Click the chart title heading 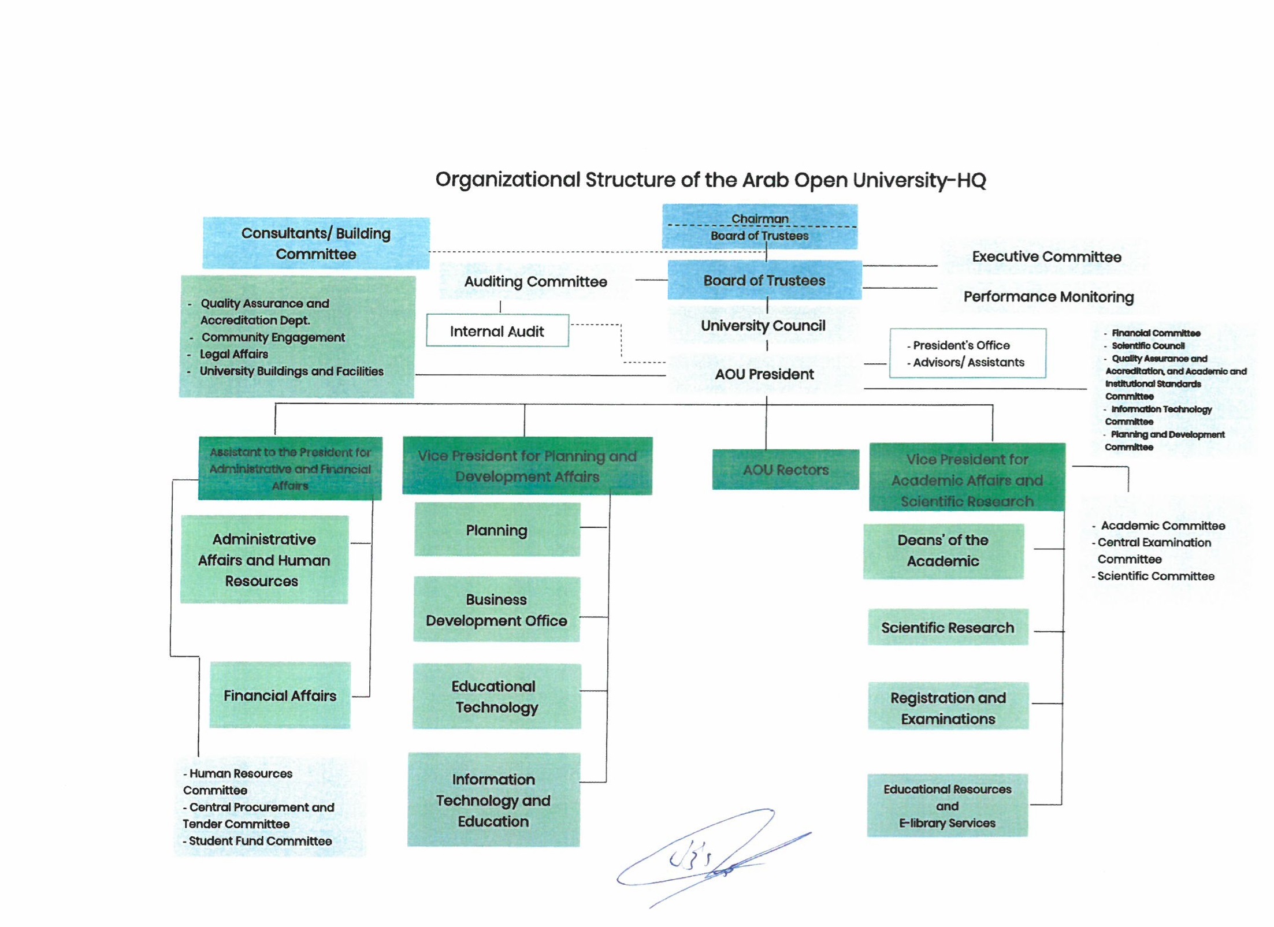point(710,180)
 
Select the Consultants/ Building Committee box point(315,243)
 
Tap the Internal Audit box point(497,331)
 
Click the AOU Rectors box point(785,470)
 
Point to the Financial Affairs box point(280,695)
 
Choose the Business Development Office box point(496,610)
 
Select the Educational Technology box point(496,697)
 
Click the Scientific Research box point(948,627)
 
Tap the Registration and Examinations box point(948,708)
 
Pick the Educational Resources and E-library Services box point(947,806)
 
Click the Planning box point(497,530)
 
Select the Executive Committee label point(1046,256)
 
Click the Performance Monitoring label point(1048,296)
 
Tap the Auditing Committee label point(536,281)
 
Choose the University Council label point(763,325)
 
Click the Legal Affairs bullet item point(234,354)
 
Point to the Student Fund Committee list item point(260,841)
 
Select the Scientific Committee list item point(1156,576)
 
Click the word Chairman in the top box point(760,218)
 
